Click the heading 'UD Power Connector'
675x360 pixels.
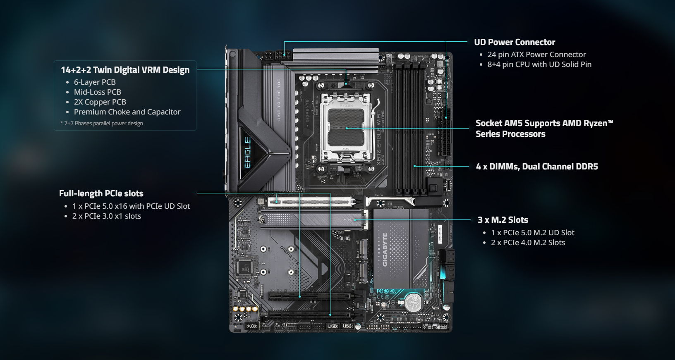tap(515, 42)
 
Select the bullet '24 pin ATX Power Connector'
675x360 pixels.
tap(536, 55)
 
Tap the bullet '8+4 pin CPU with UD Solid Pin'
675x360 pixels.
tap(539, 64)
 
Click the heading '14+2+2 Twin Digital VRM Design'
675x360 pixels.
tap(125, 70)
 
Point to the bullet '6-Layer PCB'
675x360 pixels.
tap(95, 82)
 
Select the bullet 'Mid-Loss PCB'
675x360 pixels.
tap(97, 92)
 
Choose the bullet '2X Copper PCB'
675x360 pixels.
tap(100, 102)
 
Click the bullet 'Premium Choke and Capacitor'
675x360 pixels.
tap(127, 112)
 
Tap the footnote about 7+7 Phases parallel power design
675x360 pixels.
tap(102, 124)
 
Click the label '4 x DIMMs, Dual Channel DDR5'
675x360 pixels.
tap(537, 167)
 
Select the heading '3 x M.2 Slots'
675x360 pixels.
tap(503, 220)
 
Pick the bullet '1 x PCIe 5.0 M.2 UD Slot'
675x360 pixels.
tap(533, 233)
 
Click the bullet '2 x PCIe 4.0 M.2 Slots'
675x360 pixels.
tap(528, 243)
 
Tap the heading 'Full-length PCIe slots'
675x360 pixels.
tap(101, 193)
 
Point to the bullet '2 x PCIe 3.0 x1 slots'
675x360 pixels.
tap(107, 216)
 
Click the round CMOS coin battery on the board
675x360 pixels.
tap(412, 302)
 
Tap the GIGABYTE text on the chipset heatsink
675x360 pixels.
tap(385, 250)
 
